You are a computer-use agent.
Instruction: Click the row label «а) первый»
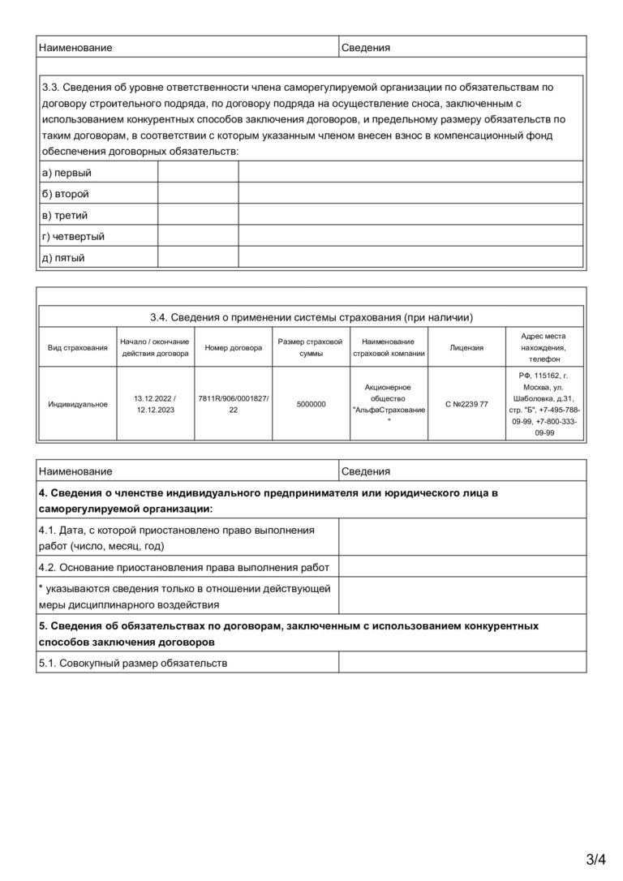[x=67, y=173]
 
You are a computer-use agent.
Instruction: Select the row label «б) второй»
[x=65, y=194]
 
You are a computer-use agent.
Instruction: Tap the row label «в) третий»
[x=65, y=215]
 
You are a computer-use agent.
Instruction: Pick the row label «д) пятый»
[x=63, y=258]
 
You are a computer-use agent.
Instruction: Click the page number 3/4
[x=596, y=858]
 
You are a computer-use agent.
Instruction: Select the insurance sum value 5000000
[x=311, y=404]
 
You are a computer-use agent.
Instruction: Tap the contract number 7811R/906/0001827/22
[x=234, y=404]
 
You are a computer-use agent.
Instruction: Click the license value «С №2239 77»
[x=466, y=404]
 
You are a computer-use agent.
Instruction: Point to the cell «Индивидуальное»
[x=78, y=404]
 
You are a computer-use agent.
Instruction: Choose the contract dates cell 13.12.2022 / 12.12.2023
[x=156, y=404]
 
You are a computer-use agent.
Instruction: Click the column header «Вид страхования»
[x=78, y=347]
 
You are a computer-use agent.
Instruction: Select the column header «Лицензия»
[x=466, y=347]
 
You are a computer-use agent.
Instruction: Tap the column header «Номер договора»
[x=234, y=347]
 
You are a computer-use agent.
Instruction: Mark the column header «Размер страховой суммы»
[x=311, y=347]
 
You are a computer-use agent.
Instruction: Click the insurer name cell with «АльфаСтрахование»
[x=389, y=404]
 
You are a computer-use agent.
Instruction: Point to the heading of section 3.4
[x=311, y=317]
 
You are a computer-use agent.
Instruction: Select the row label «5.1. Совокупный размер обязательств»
[x=133, y=663]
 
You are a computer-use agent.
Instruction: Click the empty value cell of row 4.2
[x=462, y=566]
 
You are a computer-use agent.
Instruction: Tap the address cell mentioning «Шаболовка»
[x=544, y=404]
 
